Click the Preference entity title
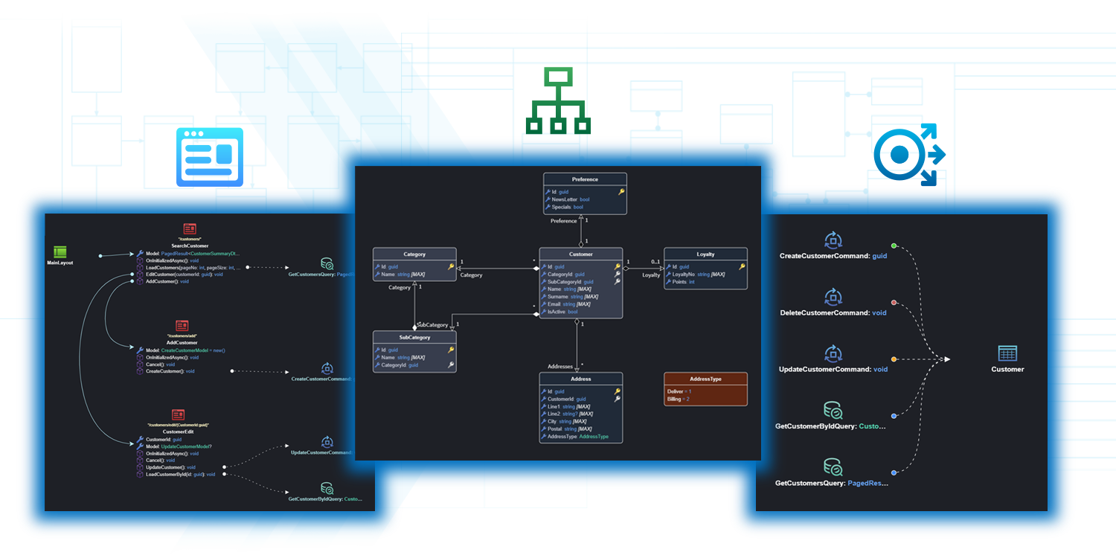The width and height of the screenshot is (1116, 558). coord(585,179)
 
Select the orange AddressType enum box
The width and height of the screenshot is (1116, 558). coord(705,388)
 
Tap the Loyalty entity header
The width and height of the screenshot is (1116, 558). coord(705,254)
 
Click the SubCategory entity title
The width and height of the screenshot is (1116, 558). coord(414,337)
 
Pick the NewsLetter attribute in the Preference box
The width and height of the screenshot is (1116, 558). coord(571,199)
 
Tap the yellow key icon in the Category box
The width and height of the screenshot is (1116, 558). coord(451,266)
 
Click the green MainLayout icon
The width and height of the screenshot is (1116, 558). coord(61,251)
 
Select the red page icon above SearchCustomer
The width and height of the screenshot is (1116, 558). coord(190,229)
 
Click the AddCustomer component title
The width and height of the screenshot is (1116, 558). coord(182,343)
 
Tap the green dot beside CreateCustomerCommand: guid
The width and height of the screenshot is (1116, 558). coord(894,246)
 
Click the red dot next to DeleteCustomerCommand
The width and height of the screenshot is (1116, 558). coord(894,303)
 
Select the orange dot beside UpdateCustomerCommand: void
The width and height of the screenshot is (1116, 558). coord(894,359)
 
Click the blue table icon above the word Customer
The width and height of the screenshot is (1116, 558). coord(1007,353)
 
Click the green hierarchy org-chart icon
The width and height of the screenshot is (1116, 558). coord(557,101)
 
